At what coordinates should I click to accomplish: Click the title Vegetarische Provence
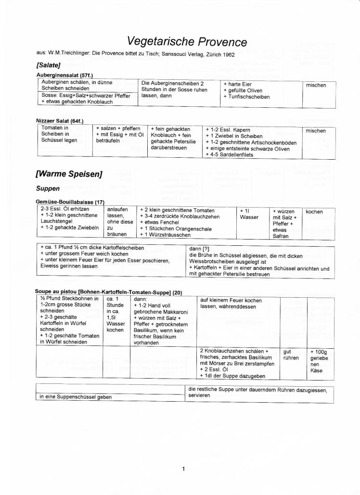pos(187,42)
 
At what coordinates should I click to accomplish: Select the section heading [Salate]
pos(50,65)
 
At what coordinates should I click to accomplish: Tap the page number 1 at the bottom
pos(183,468)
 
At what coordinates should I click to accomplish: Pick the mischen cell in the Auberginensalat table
pos(316,85)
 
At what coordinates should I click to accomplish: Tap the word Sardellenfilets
pos(238,155)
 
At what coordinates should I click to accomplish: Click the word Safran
pos(281,236)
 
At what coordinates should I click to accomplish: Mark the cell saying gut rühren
pos(291,355)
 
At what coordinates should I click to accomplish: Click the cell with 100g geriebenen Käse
pos(319,361)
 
